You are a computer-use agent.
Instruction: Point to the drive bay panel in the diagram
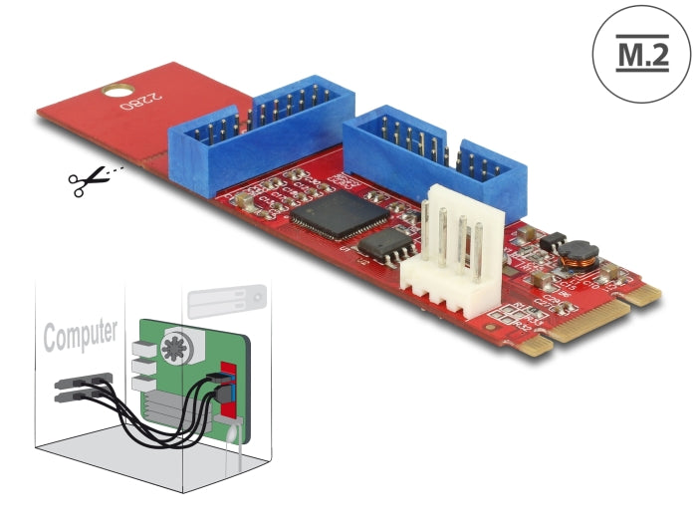point(226,299)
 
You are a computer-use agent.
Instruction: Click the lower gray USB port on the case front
point(76,396)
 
